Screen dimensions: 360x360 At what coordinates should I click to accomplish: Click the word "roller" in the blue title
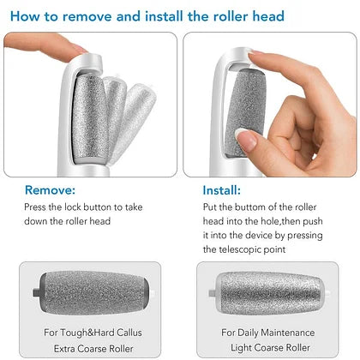231,16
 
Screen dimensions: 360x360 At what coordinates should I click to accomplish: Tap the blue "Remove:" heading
51,190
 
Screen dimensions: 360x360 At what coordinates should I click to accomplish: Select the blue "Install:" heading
222,190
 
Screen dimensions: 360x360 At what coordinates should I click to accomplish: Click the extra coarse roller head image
93,293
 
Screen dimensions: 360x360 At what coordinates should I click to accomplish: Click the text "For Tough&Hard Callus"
93,333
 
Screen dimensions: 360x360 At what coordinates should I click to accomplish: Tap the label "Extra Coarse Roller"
93,349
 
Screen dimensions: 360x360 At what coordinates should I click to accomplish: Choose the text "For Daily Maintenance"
268,333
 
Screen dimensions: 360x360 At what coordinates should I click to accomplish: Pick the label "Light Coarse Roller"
270,348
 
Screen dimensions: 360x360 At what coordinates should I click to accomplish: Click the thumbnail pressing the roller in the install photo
246,140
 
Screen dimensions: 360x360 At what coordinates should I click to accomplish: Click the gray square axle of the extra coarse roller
36,293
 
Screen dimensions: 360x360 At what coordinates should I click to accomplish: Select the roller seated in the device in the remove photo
90,117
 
